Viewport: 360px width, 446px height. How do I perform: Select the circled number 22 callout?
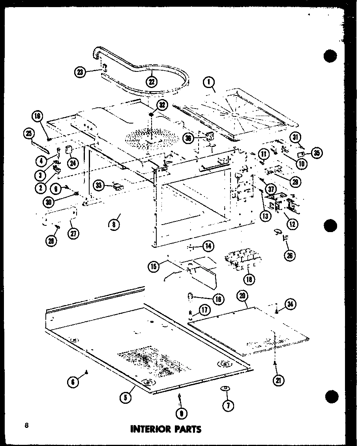[152, 81]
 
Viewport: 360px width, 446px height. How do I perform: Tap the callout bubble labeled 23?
[81, 72]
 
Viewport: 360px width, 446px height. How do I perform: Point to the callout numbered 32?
[150, 105]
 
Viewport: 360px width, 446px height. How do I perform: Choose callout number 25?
[28, 134]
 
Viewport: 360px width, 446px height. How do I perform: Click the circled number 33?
[99, 185]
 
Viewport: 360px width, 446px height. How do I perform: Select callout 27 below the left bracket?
[73, 233]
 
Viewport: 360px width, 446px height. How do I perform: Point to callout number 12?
[292, 224]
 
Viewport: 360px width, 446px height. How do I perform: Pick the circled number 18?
[249, 279]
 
